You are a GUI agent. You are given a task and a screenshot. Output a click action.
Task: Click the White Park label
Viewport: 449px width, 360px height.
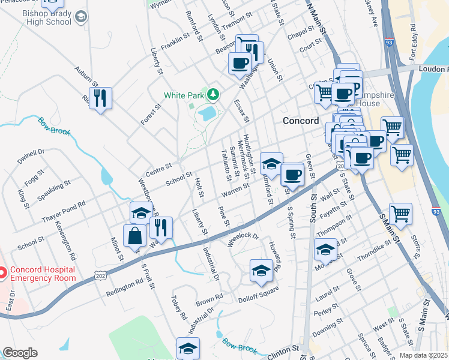(x=184, y=95)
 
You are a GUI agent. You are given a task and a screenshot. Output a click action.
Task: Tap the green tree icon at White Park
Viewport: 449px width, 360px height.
(x=212, y=94)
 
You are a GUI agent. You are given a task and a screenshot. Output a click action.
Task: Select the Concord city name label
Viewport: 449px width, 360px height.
(x=301, y=121)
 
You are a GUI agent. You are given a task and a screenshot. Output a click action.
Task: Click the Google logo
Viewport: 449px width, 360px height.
(x=20, y=353)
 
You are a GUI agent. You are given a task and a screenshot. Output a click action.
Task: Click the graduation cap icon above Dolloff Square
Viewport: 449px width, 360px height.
(x=261, y=270)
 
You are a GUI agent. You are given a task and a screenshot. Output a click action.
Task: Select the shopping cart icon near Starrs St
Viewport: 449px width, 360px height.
(x=400, y=213)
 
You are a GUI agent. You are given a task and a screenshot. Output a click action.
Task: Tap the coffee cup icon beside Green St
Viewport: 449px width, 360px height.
(x=292, y=174)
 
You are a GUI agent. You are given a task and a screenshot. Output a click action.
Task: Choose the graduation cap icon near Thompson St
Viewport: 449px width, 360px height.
(x=325, y=248)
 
